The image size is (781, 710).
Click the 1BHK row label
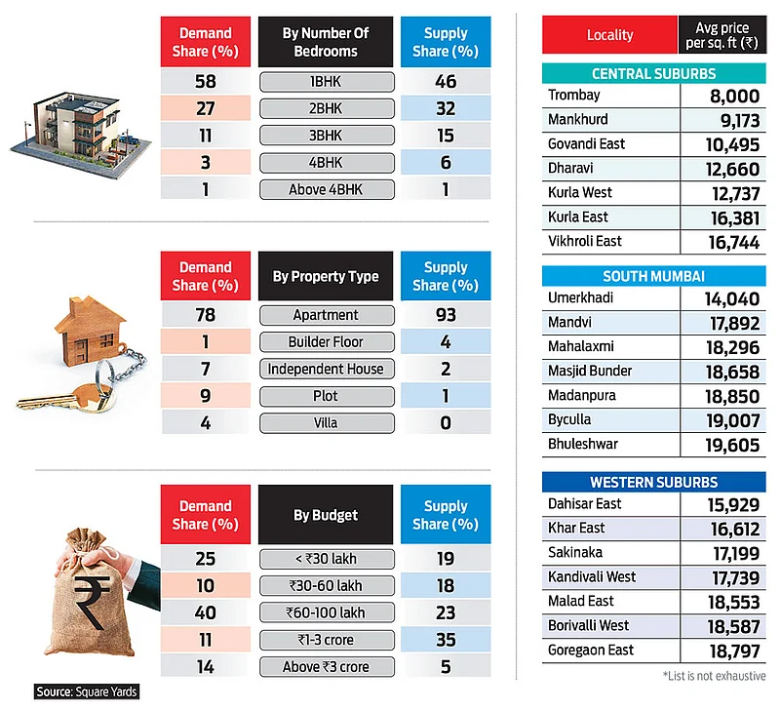[327, 82]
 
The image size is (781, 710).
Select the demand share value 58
[206, 82]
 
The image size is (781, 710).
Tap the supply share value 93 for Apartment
[446, 315]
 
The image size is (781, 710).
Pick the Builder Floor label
[327, 342]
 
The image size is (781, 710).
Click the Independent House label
[327, 369]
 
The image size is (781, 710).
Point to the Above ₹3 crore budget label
[327, 667]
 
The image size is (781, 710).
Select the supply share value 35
[446, 640]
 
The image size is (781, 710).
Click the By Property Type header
[326, 276]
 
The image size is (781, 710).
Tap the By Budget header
[326, 515]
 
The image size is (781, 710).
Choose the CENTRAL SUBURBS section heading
[653, 74]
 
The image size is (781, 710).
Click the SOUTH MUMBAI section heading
[653, 276]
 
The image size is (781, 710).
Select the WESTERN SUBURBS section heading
[653, 483]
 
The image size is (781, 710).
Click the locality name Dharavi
[574, 168]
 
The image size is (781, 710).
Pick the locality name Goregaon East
[591, 651]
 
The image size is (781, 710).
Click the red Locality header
[609, 35]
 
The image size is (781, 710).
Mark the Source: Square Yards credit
[87, 691]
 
